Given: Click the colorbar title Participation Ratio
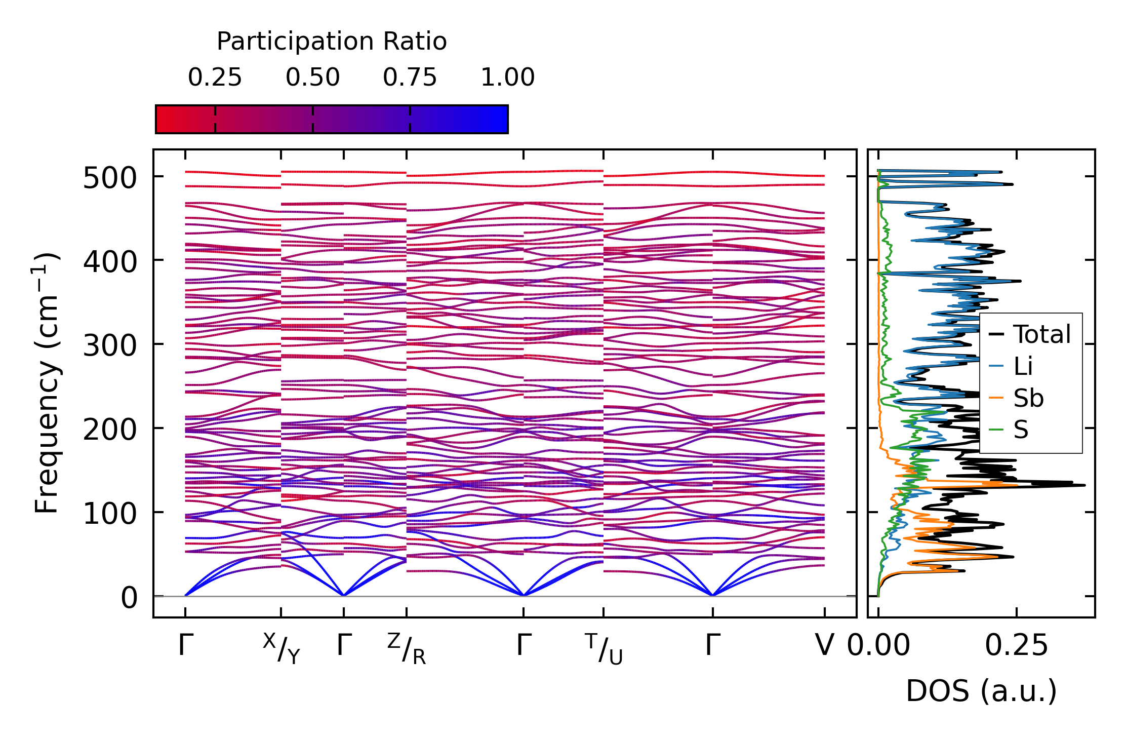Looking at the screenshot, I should (x=332, y=42).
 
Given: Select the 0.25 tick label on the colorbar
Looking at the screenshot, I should (x=215, y=77).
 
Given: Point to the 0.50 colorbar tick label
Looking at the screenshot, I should (x=312, y=77).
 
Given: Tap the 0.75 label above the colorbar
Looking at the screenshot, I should (x=410, y=77).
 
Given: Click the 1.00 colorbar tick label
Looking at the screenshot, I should (x=507, y=77).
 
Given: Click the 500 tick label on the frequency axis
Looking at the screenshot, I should (x=110, y=178).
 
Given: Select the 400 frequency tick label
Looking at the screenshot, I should (x=110, y=262).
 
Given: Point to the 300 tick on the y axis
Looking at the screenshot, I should (x=110, y=346).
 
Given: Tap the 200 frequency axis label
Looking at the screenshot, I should (x=110, y=431).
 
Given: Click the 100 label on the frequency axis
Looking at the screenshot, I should (x=110, y=514).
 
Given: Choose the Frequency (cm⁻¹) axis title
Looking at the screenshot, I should (x=47, y=383).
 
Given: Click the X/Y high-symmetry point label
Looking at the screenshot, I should (x=282, y=648).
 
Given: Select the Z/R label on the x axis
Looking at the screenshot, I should (x=407, y=648).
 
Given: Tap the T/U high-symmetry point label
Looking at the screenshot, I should (x=604, y=648).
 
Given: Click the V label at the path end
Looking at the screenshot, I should (x=824, y=646).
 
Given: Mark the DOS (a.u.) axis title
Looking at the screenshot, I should (x=981, y=691).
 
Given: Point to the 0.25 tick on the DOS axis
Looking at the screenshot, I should (x=1016, y=646).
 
